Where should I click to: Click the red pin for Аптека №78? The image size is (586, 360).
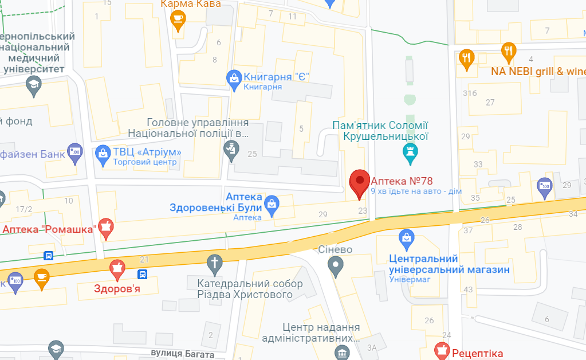(x=360, y=182)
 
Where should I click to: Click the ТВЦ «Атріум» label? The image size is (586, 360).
(x=147, y=152)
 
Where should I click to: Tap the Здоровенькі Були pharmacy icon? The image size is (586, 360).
(x=273, y=205)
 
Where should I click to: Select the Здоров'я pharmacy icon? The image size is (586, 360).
(x=117, y=268)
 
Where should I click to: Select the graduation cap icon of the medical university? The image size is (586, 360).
(x=34, y=86)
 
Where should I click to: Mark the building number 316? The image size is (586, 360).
(x=470, y=93)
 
